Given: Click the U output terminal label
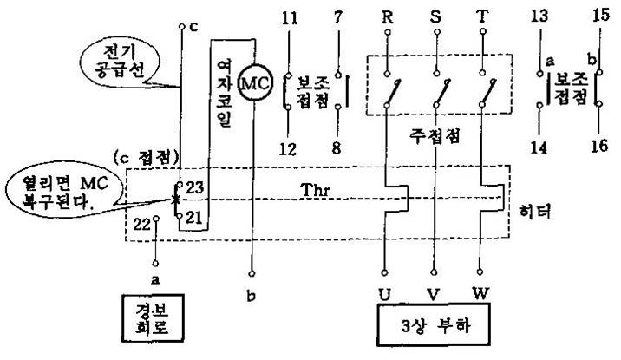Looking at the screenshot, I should tap(383, 292).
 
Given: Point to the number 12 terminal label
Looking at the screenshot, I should tap(291, 148).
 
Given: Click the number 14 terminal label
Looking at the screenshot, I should tap(539, 148).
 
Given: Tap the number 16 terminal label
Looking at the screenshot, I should tap(598, 148).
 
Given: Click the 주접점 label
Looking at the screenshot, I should tap(435, 136).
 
